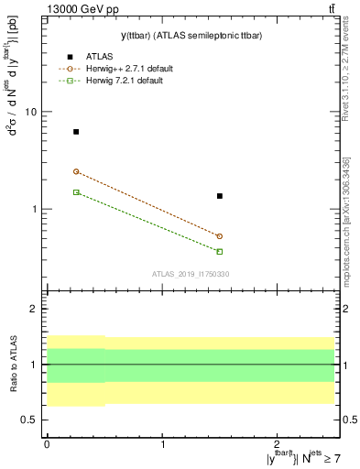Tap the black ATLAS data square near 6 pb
pyautogui.click(x=76, y=132)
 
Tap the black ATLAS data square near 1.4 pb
pyautogui.click(x=220, y=196)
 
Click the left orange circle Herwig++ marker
pyautogui.click(x=76, y=171)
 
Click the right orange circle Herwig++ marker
pyautogui.click(x=220, y=236)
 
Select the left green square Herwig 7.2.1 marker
pyautogui.click(x=76, y=192)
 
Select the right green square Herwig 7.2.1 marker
pyautogui.click(x=220, y=251)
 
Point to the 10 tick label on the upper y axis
pyautogui.click(x=30, y=112)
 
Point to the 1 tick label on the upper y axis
pyautogui.click(x=33, y=209)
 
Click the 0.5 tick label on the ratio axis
pyautogui.click(x=28, y=420)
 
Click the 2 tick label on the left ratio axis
pyautogui.click(x=33, y=310)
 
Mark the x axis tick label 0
pyautogui.click(x=47, y=444)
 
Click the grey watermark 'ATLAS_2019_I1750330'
pyautogui.click(x=191, y=274)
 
